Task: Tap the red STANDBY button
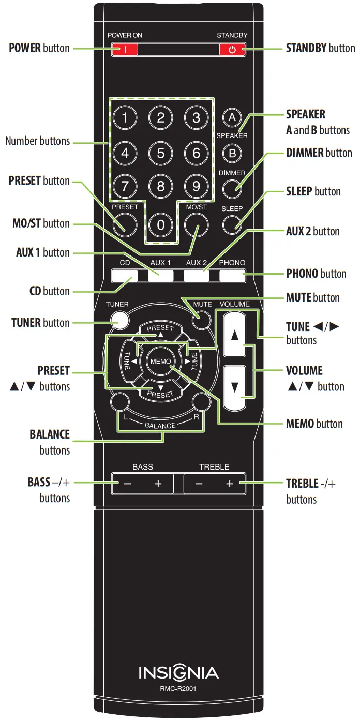coord(232,50)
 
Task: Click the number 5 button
coord(160,154)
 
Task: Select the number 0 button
coord(160,225)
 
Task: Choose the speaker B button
coord(232,153)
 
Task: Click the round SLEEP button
coord(232,223)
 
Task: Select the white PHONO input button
coord(232,276)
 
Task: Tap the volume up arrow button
coord(234,335)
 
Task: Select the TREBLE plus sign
coord(230,484)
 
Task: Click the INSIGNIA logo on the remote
coord(178,673)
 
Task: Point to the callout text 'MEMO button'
coord(314,424)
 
